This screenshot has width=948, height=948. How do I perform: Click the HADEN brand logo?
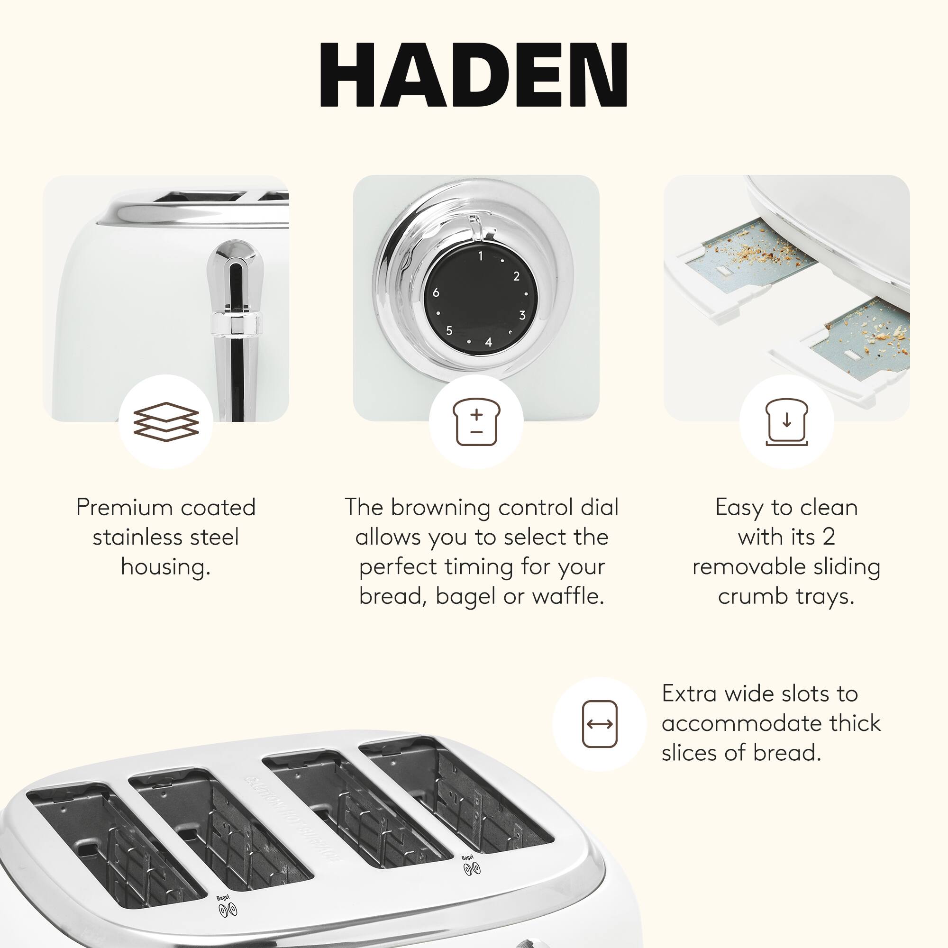point(474,74)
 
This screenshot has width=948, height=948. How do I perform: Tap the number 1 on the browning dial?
point(481,255)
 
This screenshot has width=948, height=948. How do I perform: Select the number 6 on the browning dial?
point(436,293)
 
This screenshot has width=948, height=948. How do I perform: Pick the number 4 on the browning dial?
point(488,342)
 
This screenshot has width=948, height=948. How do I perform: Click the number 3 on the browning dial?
point(522,315)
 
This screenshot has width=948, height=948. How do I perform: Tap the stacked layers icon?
point(166,421)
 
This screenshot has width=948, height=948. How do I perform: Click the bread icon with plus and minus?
point(476,421)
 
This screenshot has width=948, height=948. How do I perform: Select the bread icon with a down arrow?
point(786,421)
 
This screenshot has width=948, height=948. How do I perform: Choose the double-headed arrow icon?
point(599,724)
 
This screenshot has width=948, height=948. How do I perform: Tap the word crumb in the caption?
point(753,596)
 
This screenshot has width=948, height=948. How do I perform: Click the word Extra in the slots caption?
point(689,694)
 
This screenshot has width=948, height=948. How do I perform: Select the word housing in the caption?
point(165,567)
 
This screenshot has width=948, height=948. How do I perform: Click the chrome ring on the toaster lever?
point(237,323)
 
